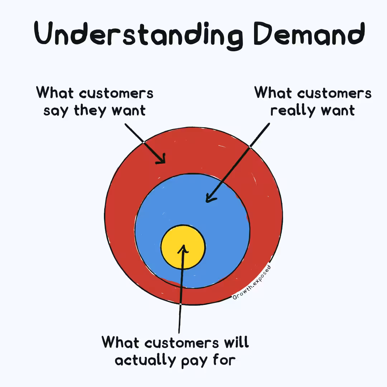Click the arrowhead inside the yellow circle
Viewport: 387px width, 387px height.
(x=183, y=248)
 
